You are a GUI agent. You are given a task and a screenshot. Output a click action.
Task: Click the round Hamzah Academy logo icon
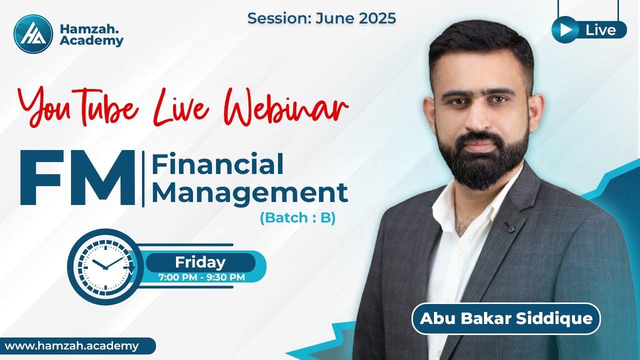point(33,33)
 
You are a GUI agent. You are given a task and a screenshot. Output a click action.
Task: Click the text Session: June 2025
point(321,18)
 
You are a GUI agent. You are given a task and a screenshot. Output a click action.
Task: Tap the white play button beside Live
point(565,30)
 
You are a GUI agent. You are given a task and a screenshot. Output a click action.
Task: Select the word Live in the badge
point(600,30)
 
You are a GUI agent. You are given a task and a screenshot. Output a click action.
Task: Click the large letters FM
point(77,178)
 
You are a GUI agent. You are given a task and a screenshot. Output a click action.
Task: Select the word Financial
point(217,164)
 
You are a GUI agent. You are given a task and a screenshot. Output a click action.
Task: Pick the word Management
point(249,192)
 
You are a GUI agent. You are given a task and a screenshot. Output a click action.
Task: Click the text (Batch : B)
point(297,218)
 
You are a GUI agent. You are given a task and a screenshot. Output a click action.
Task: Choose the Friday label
point(200,262)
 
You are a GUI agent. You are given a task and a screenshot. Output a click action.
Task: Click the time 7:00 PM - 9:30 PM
point(201,277)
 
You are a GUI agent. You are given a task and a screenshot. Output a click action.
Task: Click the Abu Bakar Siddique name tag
point(505,318)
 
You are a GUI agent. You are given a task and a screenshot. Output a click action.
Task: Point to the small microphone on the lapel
point(509,227)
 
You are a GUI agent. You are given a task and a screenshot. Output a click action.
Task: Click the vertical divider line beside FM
point(143,178)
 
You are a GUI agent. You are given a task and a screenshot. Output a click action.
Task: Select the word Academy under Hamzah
point(91,41)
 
